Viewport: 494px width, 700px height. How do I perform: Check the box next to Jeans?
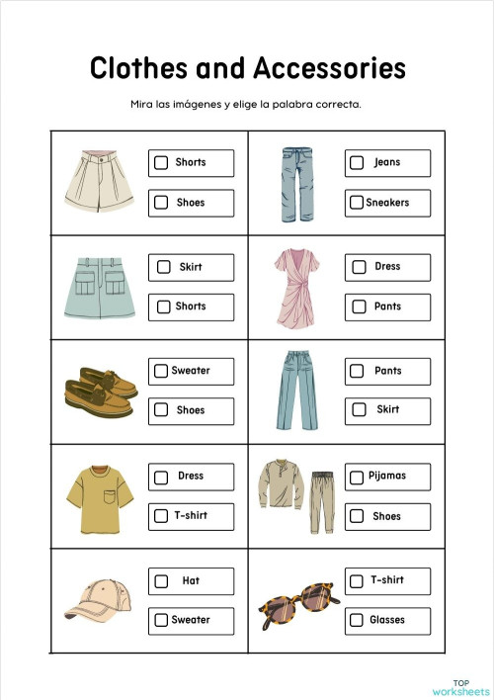(357, 163)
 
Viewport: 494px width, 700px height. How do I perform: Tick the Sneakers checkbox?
(357, 203)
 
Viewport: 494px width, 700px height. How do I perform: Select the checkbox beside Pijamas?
(357, 477)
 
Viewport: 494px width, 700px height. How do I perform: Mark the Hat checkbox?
(161, 581)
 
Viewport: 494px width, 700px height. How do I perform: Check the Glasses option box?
(357, 621)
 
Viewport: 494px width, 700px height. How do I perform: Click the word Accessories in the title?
(329, 68)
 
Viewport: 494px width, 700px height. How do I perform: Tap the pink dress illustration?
(297, 288)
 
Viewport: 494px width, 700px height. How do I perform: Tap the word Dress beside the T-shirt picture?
(191, 476)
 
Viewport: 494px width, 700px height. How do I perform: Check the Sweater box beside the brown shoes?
(161, 371)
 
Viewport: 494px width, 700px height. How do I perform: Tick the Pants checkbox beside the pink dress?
(357, 307)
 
